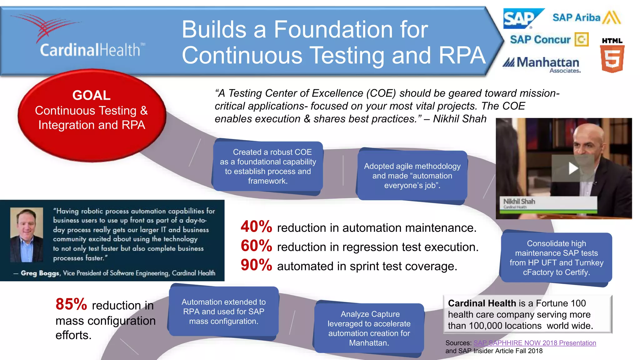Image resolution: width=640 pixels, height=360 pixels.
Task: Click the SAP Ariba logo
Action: tap(586, 17)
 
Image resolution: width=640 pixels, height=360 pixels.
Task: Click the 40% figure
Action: tap(256, 227)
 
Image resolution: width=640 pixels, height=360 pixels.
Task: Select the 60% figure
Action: tap(256, 246)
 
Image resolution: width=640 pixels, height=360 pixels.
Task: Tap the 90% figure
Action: tap(256, 265)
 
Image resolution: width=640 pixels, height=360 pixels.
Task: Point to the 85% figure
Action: tap(71, 304)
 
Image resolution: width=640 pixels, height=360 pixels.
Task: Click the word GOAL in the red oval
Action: tap(91, 95)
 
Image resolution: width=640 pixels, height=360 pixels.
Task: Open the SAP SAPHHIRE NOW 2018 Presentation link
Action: tap(535, 343)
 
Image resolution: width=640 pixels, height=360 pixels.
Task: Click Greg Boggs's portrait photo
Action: tap(27, 235)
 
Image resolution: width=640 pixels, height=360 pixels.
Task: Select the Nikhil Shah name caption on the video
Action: tap(519, 202)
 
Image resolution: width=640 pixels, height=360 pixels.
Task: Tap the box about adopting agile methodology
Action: tap(412, 176)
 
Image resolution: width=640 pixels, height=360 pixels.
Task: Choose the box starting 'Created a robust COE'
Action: tap(268, 166)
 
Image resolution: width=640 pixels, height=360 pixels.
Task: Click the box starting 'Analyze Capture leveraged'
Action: tap(369, 328)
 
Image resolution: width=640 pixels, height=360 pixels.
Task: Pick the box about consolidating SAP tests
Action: tap(556, 258)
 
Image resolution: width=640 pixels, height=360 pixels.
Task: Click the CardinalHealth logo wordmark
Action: tap(90, 50)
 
